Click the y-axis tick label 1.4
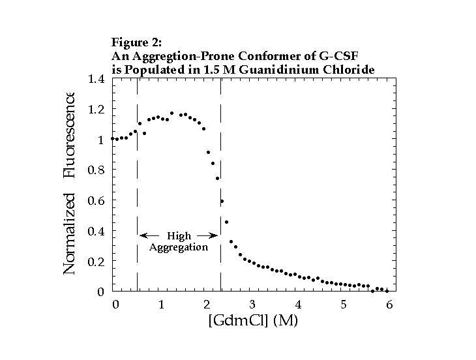[x=95, y=80]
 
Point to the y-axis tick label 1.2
[x=95, y=110]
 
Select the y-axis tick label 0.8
[x=95, y=170]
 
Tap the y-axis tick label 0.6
[x=95, y=201]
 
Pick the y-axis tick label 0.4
[x=95, y=232]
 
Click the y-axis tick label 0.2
[x=95, y=262]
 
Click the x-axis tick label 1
[x=161, y=305]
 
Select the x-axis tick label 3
[x=252, y=305]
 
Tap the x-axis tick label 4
[x=298, y=305]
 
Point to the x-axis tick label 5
[x=344, y=305]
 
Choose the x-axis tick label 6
[x=389, y=305]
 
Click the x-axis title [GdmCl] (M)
[x=252, y=320]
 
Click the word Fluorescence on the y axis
[x=70, y=135]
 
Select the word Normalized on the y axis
[x=70, y=233]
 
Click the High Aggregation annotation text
[x=179, y=241]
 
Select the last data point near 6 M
[x=387, y=290]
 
